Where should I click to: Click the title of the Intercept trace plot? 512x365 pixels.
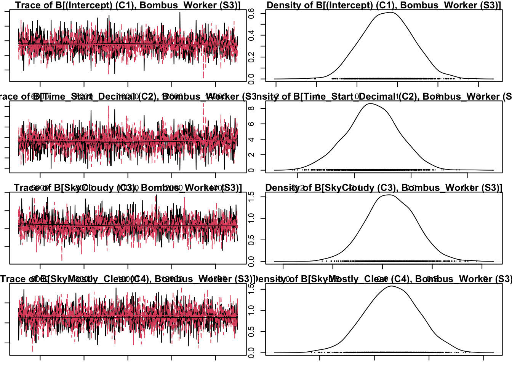point(128,5)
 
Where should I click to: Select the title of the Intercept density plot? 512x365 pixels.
point(384,5)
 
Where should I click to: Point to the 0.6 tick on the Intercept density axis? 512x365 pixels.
point(251,14)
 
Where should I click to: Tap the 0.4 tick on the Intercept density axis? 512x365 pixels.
point(251,35)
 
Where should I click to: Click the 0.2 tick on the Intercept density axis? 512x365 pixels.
point(251,57)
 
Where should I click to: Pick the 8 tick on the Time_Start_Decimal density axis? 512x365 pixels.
point(251,108)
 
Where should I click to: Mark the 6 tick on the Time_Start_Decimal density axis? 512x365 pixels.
point(251,124)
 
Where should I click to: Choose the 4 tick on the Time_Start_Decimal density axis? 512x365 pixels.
point(251,140)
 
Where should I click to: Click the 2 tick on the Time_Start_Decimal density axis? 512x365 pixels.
point(251,155)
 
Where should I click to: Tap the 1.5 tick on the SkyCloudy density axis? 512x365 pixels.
point(251,197)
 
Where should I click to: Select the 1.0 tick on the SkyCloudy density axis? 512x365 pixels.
point(251,218)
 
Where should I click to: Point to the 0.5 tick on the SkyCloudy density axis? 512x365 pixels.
point(251,240)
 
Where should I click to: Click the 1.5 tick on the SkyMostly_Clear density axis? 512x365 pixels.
point(251,289)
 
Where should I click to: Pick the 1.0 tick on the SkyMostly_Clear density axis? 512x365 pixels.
point(251,310)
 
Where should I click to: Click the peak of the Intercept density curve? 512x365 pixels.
point(390,13)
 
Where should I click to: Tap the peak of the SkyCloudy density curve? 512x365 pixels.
point(389,195)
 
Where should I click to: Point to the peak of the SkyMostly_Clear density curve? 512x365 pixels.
point(392,286)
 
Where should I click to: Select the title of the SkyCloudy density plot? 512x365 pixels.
point(383,188)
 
